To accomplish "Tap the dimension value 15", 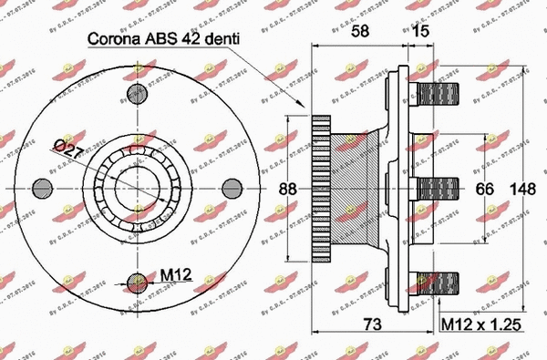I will (420, 31).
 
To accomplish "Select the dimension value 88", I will (288, 189).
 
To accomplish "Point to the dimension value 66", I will (484, 189).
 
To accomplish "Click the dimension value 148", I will (521, 189).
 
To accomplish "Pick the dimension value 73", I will (370, 324).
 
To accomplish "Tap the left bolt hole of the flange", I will (41, 188).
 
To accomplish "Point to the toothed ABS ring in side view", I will (320, 188).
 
